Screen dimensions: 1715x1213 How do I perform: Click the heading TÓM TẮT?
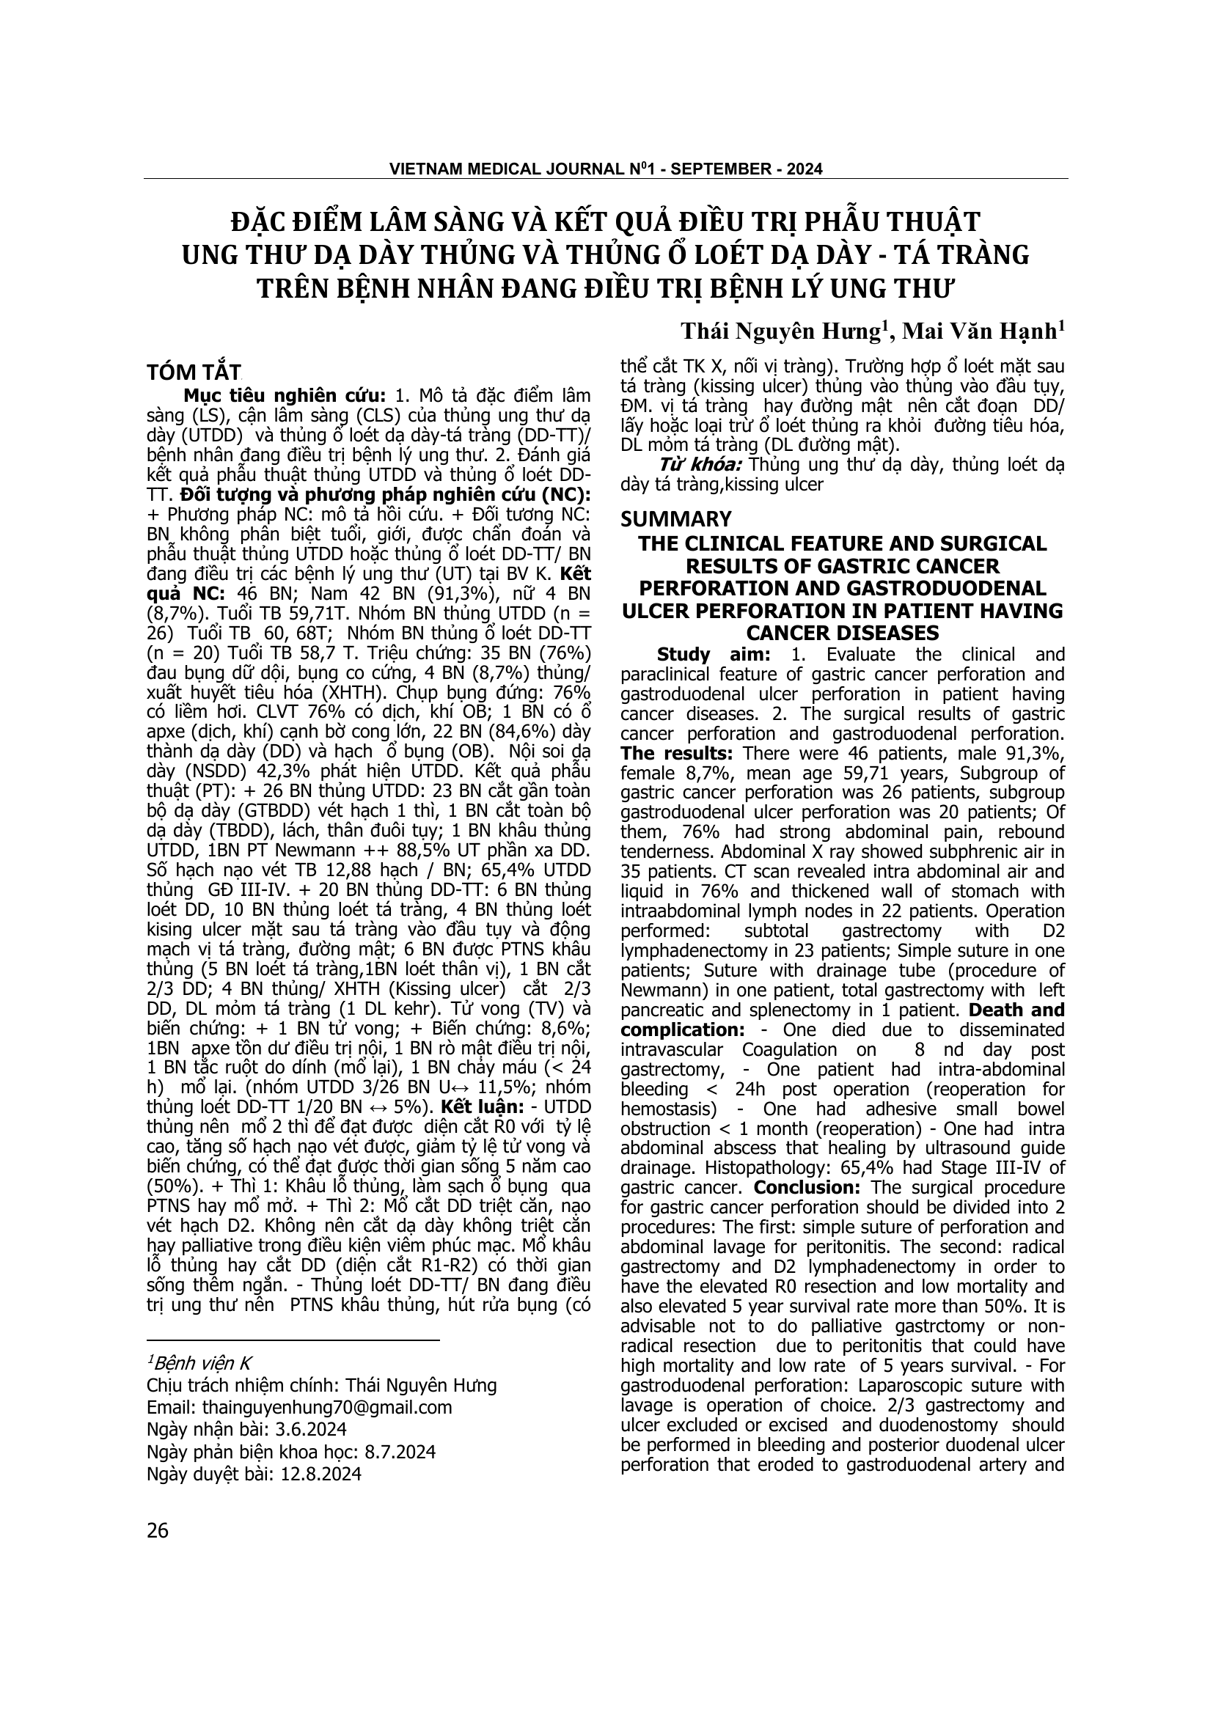(x=194, y=372)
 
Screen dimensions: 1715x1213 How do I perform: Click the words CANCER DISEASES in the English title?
(x=843, y=634)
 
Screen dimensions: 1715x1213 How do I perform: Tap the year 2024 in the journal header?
(x=804, y=169)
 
